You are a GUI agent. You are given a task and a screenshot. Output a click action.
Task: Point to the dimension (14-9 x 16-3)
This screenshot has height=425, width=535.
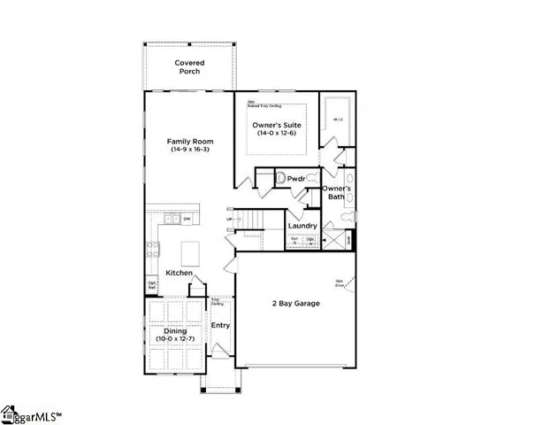pos(188,150)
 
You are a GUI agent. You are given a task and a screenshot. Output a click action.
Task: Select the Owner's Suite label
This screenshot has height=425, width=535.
pos(277,125)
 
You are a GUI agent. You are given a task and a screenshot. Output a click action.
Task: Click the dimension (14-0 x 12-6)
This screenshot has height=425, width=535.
pos(277,134)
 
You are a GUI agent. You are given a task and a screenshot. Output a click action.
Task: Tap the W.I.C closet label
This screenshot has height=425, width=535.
pos(338,119)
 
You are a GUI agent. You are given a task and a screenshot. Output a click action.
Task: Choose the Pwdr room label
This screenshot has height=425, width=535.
pos(296,179)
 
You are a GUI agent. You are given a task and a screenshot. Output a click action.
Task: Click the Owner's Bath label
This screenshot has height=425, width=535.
pos(337,193)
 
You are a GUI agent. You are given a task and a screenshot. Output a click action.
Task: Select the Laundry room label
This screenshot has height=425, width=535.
pos(303,226)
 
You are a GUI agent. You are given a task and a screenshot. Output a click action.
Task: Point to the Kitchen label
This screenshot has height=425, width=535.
pos(178,273)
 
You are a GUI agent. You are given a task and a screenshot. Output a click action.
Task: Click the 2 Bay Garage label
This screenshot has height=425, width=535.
pos(295,304)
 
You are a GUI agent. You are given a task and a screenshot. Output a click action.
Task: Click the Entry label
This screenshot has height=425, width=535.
pos(220,325)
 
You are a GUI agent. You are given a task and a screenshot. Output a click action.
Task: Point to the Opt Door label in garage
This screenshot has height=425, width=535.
pos(339,284)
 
